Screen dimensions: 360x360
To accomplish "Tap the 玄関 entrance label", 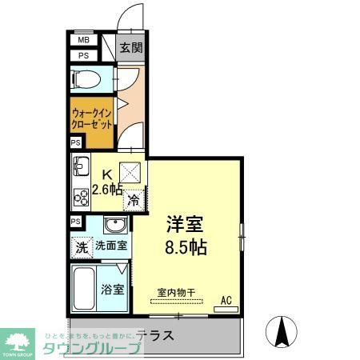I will pyautogui.click(x=131, y=47).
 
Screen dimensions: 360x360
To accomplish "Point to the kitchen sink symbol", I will pyautogui.click(x=81, y=168).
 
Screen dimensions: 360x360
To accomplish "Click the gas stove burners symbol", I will pyautogui.click(x=81, y=195).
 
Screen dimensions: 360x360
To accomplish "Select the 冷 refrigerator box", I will pyautogui.click(x=133, y=200).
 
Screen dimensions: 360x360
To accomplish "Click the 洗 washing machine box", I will pyautogui.click(x=82, y=247).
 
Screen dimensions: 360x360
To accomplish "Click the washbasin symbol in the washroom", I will pyautogui.click(x=115, y=225).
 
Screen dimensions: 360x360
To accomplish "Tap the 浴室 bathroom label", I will pyautogui.click(x=112, y=289).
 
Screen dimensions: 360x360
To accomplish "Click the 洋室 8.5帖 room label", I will pyautogui.click(x=185, y=234).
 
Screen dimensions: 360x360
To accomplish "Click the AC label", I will pyautogui.click(x=226, y=300).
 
